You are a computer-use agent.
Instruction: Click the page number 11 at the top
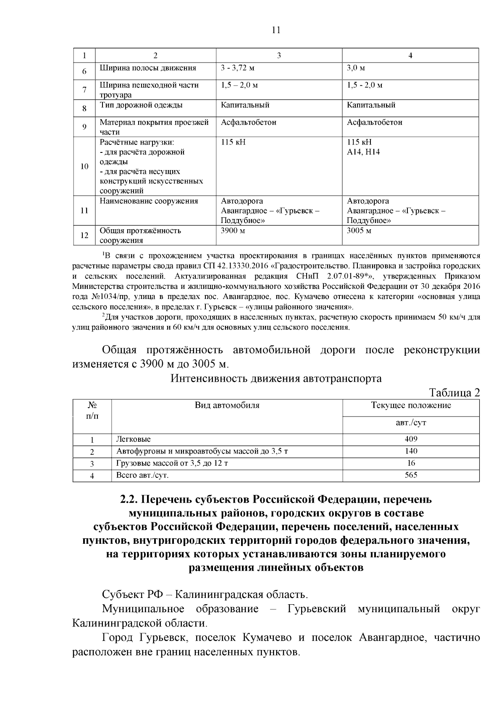276,30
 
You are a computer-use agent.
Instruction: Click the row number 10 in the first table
84,166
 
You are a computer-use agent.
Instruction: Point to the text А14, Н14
363,152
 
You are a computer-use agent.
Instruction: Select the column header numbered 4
410,55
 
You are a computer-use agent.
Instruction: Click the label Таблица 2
454,393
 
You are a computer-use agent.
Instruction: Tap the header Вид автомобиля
227,405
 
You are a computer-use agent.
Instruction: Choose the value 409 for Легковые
411,439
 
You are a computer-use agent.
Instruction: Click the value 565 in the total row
411,475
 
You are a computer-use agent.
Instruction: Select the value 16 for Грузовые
411,463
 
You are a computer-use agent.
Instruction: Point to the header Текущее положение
411,405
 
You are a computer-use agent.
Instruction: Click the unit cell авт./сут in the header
411,422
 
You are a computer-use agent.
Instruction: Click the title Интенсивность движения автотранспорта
276,378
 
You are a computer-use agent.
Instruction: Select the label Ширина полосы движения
148,68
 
